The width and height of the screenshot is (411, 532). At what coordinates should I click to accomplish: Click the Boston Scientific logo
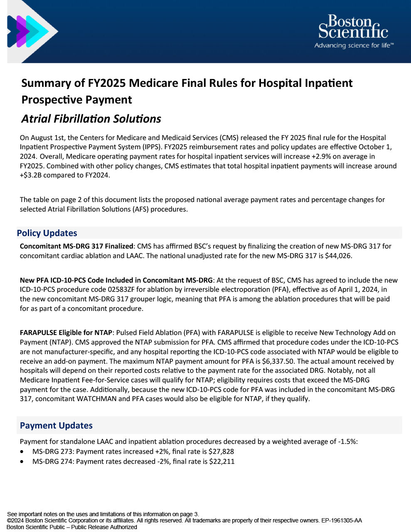pos(353,27)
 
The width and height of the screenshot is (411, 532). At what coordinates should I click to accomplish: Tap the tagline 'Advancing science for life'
pos(354,45)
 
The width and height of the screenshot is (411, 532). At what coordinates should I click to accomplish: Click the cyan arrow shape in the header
pos(39,32)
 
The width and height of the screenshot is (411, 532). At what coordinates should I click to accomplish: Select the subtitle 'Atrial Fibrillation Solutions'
pos(91,119)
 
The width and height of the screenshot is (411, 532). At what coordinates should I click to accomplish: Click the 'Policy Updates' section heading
pos(47,233)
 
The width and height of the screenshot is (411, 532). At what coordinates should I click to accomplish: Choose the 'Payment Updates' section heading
pos(56,426)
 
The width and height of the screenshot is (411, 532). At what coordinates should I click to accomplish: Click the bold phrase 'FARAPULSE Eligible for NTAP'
pos(66,333)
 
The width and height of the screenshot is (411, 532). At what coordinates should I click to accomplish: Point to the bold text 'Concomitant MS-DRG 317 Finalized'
pos(76,246)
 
